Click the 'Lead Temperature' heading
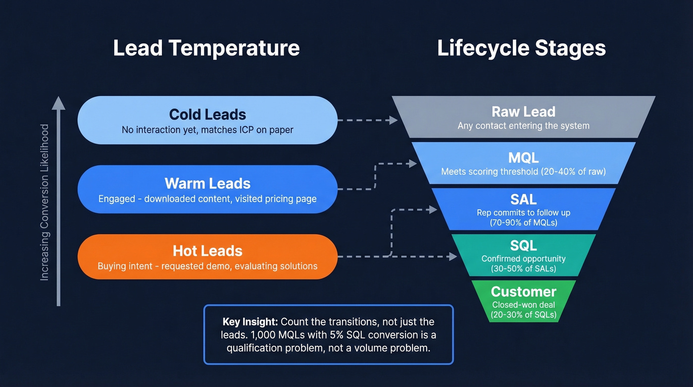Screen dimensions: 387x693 (206, 48)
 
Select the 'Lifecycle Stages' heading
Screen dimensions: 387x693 (521, 48)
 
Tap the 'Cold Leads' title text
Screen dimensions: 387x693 (207, 114)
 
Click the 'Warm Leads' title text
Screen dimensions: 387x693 (207, 183)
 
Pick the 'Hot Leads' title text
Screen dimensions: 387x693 (207, 251)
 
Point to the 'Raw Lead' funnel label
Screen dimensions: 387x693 (523, 111)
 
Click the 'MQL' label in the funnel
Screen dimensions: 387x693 (523, 158)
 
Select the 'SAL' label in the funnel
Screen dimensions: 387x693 (523, 199)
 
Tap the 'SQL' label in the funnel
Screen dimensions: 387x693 (523, 245)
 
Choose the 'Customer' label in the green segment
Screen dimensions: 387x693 (523, 291)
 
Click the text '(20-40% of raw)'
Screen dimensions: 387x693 (577, 172)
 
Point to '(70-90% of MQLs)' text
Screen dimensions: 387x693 (523, 223)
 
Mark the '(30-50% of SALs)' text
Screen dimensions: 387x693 (523, 269)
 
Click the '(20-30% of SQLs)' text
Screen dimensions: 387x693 (523, 315)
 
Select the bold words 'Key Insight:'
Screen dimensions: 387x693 (250, 322)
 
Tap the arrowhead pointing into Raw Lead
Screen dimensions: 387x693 (394, 120)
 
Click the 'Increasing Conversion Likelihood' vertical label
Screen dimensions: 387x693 (45, 202)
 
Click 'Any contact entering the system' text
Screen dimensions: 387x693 (523, 126)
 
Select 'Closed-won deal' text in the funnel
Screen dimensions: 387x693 (523, 305)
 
